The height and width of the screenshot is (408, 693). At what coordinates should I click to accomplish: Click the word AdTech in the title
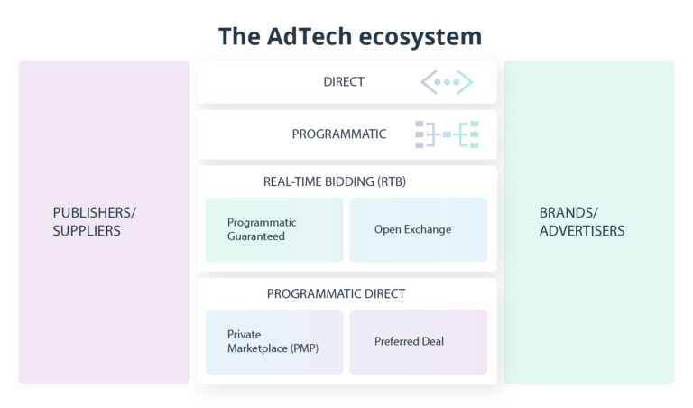pos(305,36)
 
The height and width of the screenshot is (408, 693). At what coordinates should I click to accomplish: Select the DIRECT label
pos(344,82)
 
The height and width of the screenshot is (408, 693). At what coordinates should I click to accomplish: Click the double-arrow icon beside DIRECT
pos(447,82)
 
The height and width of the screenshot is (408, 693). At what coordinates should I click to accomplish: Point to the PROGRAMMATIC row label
pos(338,134)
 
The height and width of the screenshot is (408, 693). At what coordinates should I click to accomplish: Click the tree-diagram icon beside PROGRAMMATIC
pos(447,134)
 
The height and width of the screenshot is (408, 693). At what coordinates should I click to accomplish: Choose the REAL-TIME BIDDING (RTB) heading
pos(335,181)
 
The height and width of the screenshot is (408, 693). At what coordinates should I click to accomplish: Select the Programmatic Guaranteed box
pos(274,229)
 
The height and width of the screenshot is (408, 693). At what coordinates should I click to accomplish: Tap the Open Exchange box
pos(418,229)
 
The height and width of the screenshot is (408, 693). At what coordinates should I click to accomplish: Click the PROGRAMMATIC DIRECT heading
pos(336,293)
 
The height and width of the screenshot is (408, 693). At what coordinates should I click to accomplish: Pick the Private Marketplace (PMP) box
pos(274,341)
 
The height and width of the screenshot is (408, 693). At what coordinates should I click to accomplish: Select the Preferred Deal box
pos(418,341)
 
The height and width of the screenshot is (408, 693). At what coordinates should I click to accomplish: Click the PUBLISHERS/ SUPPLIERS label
pos(94,221)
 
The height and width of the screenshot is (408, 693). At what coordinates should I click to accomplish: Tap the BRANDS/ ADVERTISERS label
pos(581,221)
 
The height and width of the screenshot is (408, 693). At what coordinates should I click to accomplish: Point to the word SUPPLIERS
pos(87,231)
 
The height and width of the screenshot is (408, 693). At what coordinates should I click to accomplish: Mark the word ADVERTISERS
pos(581,231)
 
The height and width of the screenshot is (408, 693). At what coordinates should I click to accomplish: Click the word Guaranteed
pos(256,236)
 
